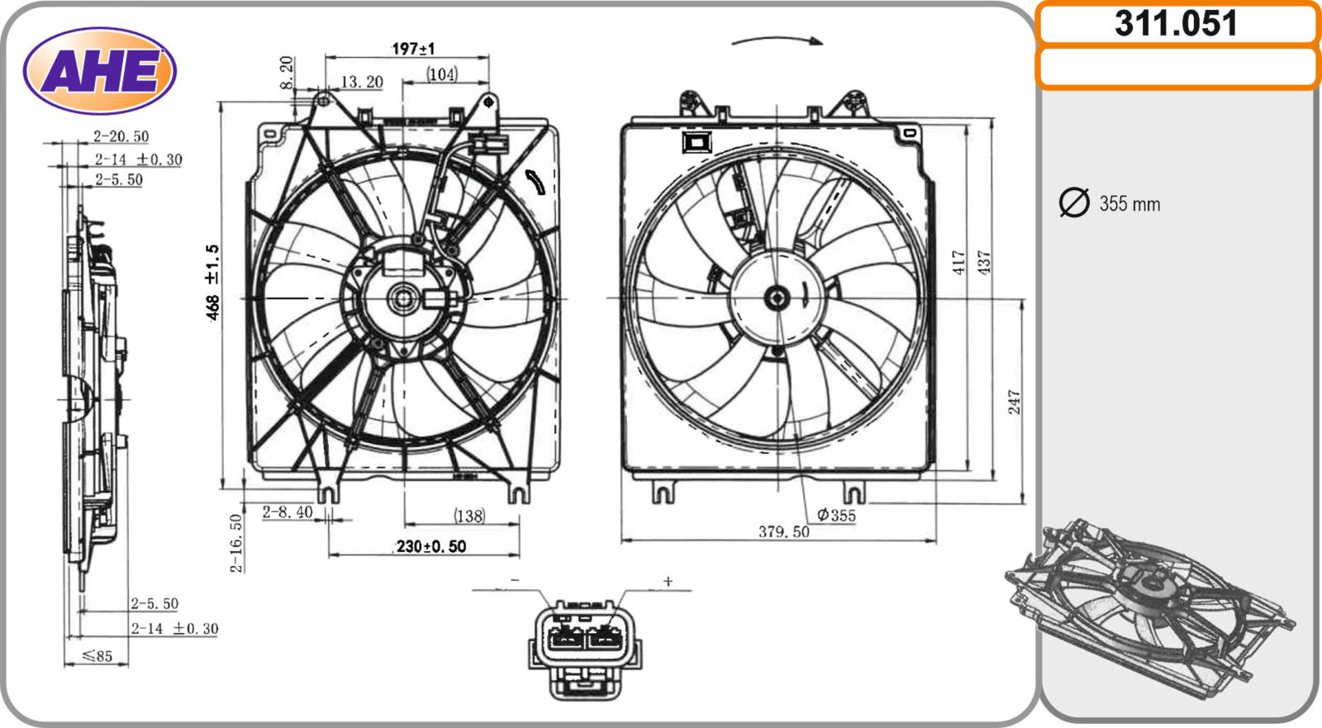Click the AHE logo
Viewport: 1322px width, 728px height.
100,70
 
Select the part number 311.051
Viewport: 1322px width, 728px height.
1176,24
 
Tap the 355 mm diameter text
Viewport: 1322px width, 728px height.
1129,204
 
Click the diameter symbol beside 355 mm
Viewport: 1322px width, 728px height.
1074,202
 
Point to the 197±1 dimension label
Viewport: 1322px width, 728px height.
413,49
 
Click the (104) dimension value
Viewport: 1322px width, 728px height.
442,74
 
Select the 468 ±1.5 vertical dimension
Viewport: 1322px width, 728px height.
212,283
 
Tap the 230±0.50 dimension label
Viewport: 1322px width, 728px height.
430,546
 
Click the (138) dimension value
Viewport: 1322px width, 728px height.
469,516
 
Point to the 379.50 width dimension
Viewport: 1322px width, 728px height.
784,532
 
